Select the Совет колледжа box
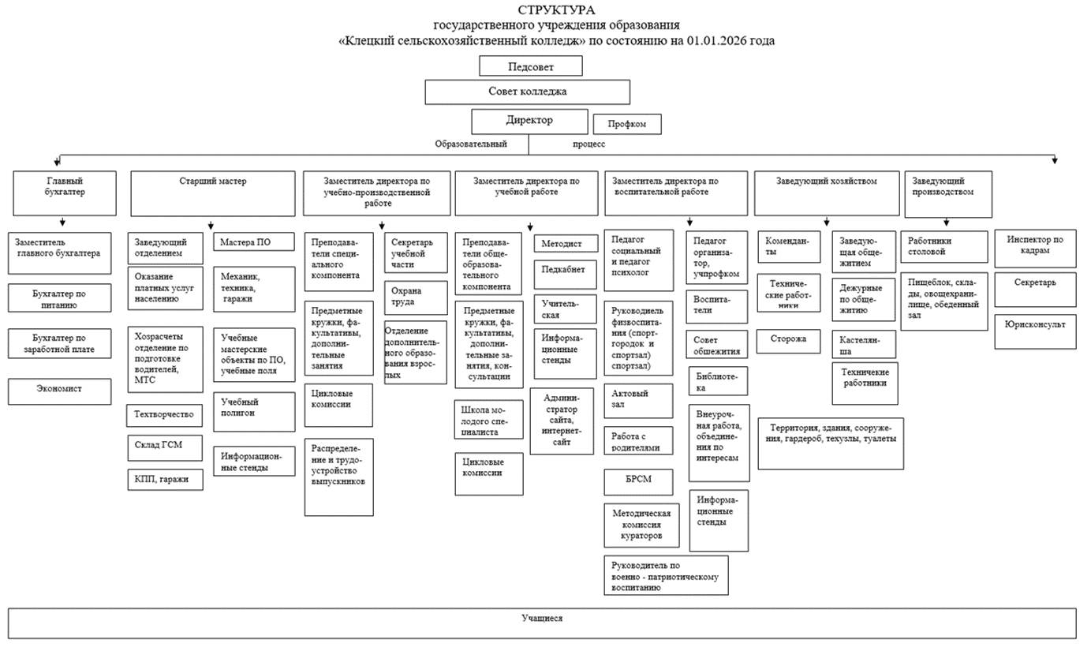point(527,92)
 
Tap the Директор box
point(529,122)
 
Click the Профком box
point(625,125)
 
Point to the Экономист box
point(59,391)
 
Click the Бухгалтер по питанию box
point(59,297)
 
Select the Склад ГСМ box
point(165,446)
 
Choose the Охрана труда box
point(415,298)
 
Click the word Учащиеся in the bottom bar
point(542,619)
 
